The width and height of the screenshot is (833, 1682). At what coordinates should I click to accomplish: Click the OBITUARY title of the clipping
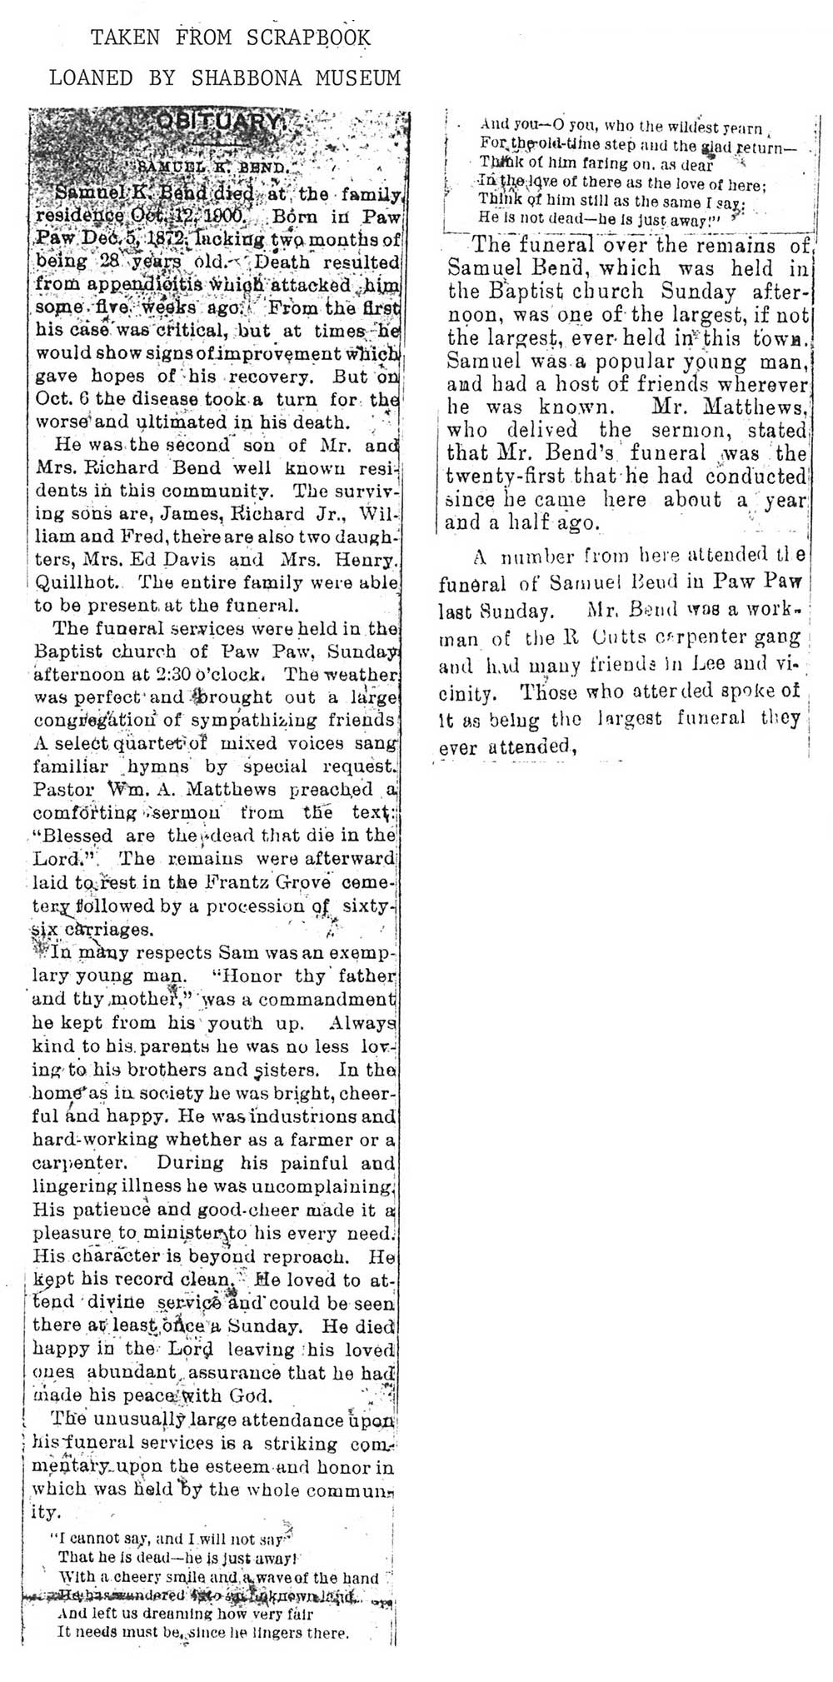click(x=219, y=121)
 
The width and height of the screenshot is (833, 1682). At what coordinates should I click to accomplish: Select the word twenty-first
click(x=503, y=477)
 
